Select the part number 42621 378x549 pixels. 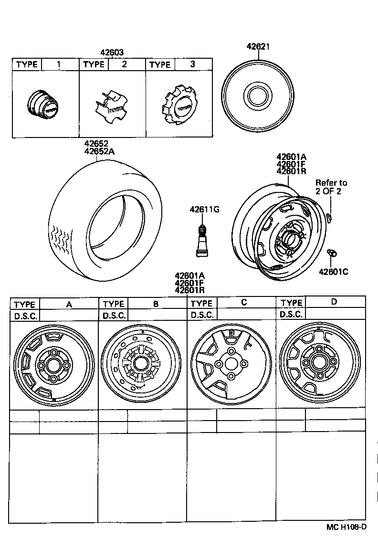pos(258,46)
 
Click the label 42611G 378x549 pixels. pos(204,209)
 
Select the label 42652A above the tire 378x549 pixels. pos(101,152)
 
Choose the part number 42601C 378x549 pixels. pos(333,272)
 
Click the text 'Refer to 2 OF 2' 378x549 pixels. pos(331,187)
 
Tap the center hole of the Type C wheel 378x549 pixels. pos(231,364)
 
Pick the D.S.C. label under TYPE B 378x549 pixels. pos(114,316)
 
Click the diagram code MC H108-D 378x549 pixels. pos(346,527)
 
